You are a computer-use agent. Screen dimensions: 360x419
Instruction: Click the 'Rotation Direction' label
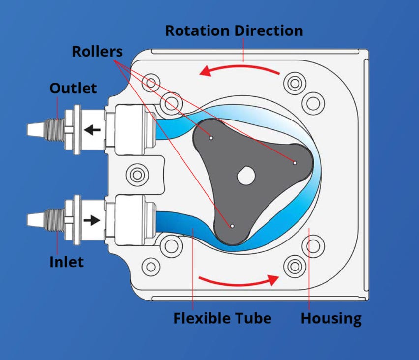tap(234, 30)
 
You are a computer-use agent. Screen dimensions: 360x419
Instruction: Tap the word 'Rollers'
tap(97, 51)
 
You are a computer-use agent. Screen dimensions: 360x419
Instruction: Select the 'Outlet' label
tap(73, 89)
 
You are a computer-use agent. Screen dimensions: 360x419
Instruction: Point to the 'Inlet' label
tap(66, 262)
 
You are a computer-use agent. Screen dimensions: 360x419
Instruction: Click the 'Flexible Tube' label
tap(222, 318)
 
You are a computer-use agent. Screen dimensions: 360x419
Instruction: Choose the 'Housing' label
tap(331, 318)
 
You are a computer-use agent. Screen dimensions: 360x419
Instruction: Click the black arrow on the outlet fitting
tap(92, 130)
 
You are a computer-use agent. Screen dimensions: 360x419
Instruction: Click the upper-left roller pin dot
tap(211, 138)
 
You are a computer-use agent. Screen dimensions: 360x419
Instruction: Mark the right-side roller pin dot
tap(295, 163)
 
